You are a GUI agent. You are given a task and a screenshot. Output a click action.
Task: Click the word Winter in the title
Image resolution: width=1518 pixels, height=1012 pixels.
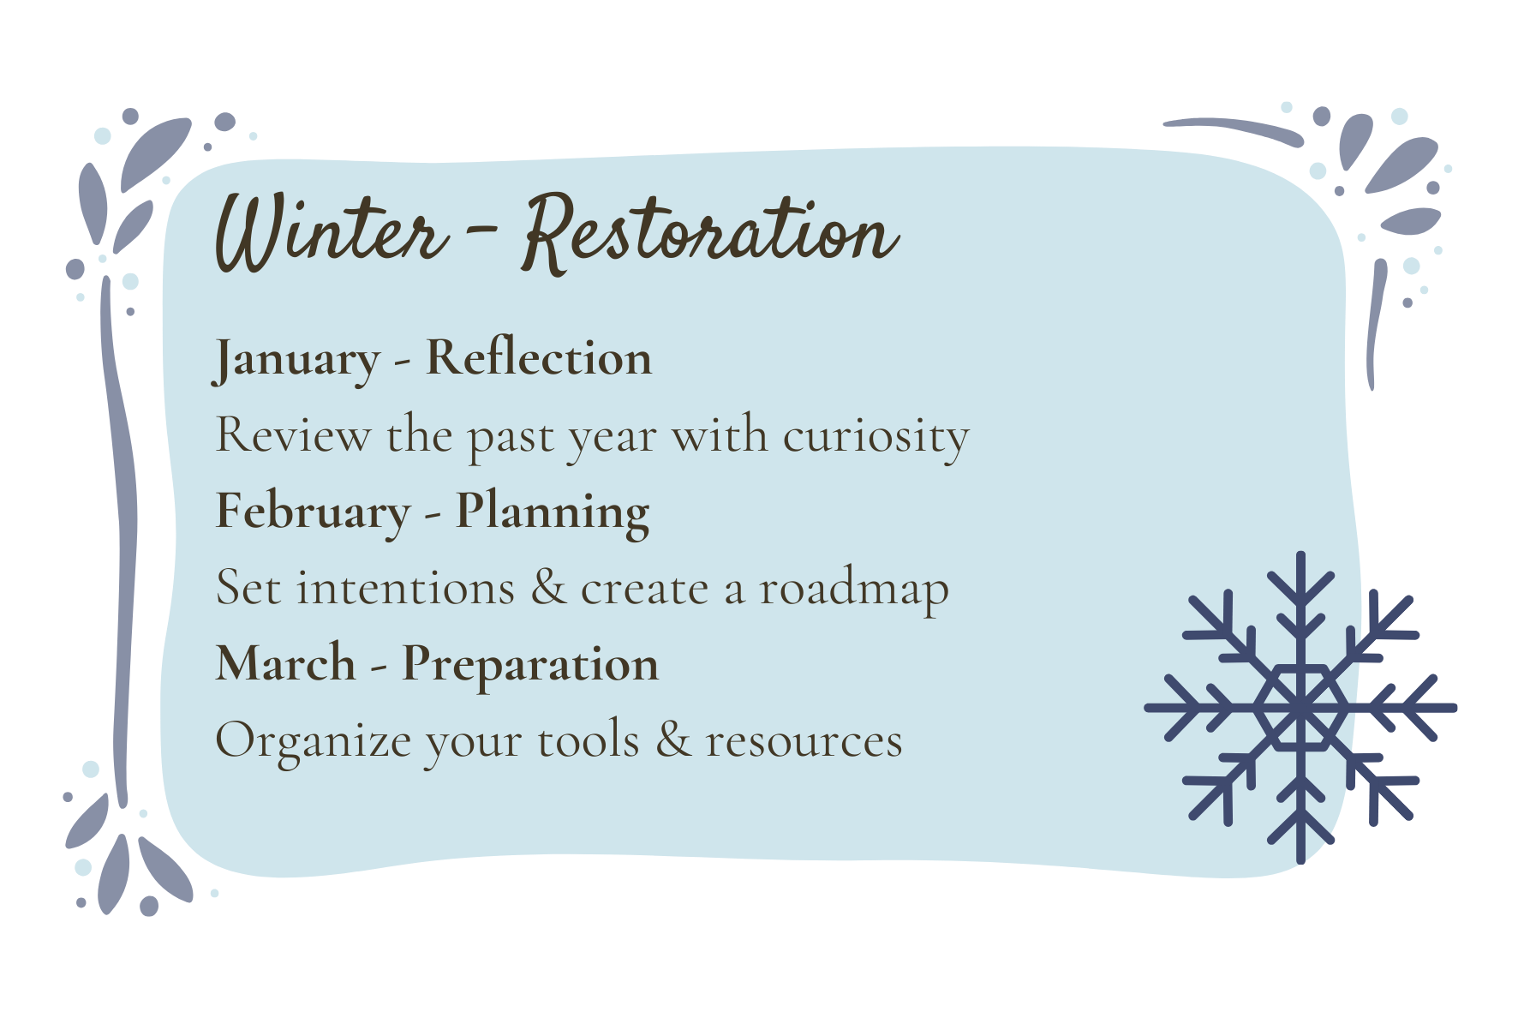coord(332,232)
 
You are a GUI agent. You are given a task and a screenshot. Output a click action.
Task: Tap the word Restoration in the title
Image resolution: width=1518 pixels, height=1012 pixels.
coord(711,232)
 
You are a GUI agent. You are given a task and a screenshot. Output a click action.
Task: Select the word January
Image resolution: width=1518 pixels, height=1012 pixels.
coord(296,360)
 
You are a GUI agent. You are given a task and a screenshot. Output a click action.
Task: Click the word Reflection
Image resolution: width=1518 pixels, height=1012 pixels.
coord(539,357)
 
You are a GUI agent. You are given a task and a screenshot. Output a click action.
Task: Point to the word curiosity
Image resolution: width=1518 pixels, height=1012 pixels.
coord(876,437)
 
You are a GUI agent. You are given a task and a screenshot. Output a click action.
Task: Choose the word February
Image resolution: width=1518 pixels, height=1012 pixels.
coord(314,513)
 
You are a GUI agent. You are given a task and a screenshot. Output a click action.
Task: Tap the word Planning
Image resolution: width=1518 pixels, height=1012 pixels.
coord(553,513)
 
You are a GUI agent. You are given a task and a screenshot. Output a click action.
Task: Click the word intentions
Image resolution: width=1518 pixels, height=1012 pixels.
coord(406,589)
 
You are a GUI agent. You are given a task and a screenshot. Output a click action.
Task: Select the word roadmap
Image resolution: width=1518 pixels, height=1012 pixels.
coord(854,590)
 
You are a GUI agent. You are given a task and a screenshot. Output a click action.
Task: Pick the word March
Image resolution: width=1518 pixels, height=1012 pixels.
coord(286,664)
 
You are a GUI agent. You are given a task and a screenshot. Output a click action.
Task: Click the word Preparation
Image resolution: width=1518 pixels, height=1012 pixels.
coord(531,666)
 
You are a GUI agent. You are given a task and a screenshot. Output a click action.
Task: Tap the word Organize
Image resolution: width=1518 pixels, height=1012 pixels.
coord(314,742)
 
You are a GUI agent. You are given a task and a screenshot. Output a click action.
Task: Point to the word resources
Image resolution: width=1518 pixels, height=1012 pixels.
coord(804,742)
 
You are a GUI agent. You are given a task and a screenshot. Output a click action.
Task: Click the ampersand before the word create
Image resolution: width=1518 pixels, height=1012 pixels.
coord(549,588)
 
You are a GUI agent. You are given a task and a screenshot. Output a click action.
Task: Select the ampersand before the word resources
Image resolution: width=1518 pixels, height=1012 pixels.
coord(674,740)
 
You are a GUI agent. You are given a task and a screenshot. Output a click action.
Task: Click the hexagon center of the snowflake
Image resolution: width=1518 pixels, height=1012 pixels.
coord(1300,708)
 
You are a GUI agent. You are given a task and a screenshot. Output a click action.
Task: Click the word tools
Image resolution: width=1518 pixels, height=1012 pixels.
coord(589,740)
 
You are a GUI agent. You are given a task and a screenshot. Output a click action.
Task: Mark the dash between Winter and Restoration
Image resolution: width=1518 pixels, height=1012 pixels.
coord(484,230)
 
